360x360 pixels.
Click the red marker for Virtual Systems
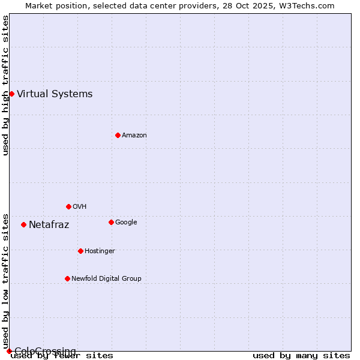(x=11, y=94)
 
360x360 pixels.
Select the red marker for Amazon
(x=118, y=135)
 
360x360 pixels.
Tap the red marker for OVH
(x=68, y=206)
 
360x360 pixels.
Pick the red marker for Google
(x=111, y=222)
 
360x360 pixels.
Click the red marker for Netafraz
(x=23, y=224)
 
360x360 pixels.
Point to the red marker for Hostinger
(x=80, y=251)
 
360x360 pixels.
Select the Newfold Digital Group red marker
(x=67, y=278)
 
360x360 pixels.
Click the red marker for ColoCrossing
(x=9, y=351)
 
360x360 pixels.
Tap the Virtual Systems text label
(x=55, y=94)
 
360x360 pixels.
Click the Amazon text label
(x=134, y=135)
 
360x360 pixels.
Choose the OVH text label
(x=79, y=206)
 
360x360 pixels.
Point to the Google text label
(x=126, y=222)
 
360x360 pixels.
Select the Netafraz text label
(x=49, y=225)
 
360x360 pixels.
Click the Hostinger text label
(x=100, y=251)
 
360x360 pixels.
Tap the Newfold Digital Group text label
(x=106, y=278)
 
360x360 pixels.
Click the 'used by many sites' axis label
(x=301, y=355)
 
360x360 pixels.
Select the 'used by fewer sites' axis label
(x=62, y=355)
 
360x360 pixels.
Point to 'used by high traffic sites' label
(x=5, y=85)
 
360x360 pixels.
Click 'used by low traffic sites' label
(x=5, y=281)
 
